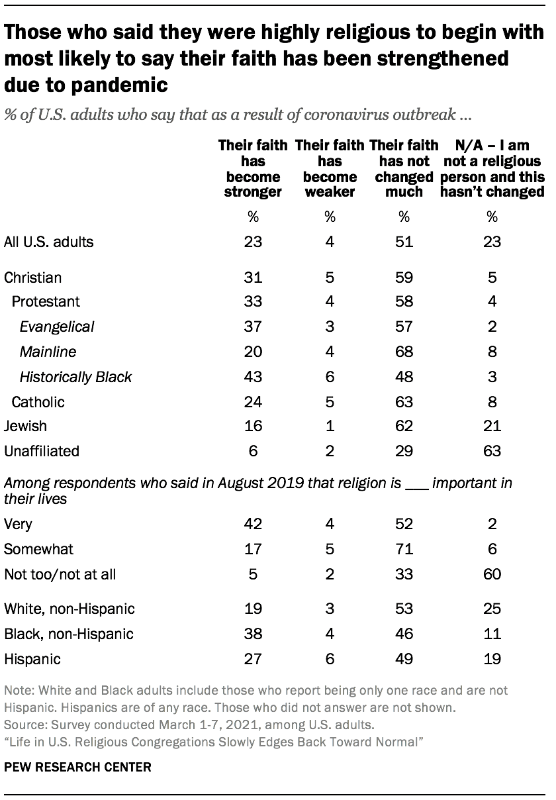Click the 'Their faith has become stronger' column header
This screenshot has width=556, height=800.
tap(253, 168)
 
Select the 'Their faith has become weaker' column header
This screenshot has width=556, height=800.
tap(330, 168)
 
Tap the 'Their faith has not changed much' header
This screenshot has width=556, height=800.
tap(404, 168)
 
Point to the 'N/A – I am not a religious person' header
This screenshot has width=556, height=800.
tap(492, 168)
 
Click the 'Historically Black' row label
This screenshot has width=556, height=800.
tap(75, 377)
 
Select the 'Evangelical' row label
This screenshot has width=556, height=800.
tap(57, 326)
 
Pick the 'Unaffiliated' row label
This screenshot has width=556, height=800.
tap(42, 451)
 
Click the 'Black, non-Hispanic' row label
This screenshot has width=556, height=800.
tap(69, 634)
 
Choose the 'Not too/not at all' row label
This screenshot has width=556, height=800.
tap(60, 574)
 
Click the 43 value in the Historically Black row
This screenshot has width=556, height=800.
tap(253, 377)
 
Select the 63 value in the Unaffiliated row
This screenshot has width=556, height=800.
tap(492, 451)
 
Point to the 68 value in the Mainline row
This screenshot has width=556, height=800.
tap(404, 352)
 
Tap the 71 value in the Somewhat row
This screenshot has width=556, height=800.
tap(404, 549)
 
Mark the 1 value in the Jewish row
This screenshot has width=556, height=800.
tap(330, 426)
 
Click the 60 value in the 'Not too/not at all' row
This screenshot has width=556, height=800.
tap(492, 574)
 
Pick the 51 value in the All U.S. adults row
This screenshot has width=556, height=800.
tap(404, 242)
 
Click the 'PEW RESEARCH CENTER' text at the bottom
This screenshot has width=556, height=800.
tap(77, 768)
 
